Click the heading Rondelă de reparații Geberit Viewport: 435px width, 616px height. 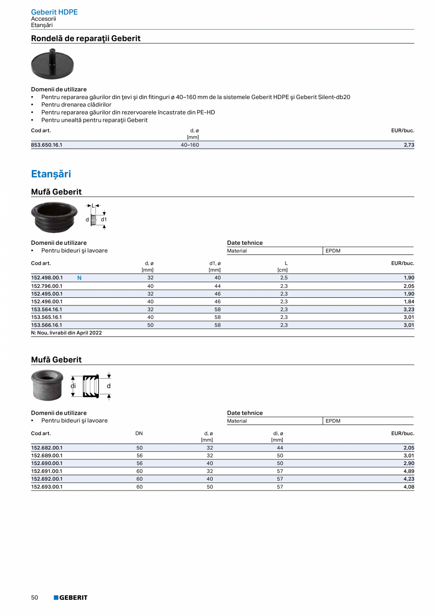click(x=86, y=38)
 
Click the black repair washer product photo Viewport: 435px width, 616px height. click(x=52, y=64)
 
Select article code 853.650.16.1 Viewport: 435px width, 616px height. click(x=47, y=145)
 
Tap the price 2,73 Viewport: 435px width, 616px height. click(x=409, y=145)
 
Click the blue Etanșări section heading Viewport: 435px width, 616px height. click(x=51, y=174)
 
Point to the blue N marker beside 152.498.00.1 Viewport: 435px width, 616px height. click(x=79, y=278)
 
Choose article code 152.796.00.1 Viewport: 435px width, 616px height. click(x=47, y=286)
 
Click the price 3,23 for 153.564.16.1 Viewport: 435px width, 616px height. click(x=409, y=309)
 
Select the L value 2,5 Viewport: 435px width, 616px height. click(x=284, y=278)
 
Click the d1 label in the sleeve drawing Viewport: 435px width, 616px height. click(x=104, y=220)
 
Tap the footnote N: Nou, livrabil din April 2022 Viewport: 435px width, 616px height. click(x=66, y=333)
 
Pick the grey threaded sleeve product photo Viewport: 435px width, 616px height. click(x=47, y=384)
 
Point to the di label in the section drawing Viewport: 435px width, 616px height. click(x=73, y=386)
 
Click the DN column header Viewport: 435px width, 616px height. click(x=139, y=433)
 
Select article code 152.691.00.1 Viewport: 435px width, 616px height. click(x=47, y=471)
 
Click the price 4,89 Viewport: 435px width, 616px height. click(x=409, y=471)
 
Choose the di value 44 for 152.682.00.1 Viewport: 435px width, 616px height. click(x=280, y=447)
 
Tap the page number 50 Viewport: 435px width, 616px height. click(x=35, y=598)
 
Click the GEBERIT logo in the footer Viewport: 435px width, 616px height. click(x=70, y=598)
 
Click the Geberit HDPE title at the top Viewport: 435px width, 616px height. click(x=54, y=12)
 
